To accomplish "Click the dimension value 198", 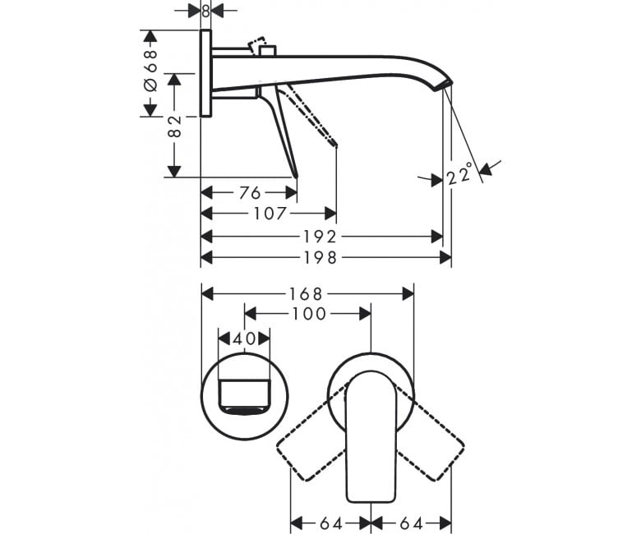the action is (x=320, y=258).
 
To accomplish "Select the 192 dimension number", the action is (x=320, y=237).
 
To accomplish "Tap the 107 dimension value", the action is (x=270, y=214).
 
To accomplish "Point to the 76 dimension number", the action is (x=250, y=192).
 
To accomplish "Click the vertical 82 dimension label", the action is (x=174, y=127).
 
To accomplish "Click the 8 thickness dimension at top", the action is (x=206, y=11).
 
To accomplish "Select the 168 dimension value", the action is (x=307, y=294).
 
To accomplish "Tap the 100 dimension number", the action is (x=309, y=314).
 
